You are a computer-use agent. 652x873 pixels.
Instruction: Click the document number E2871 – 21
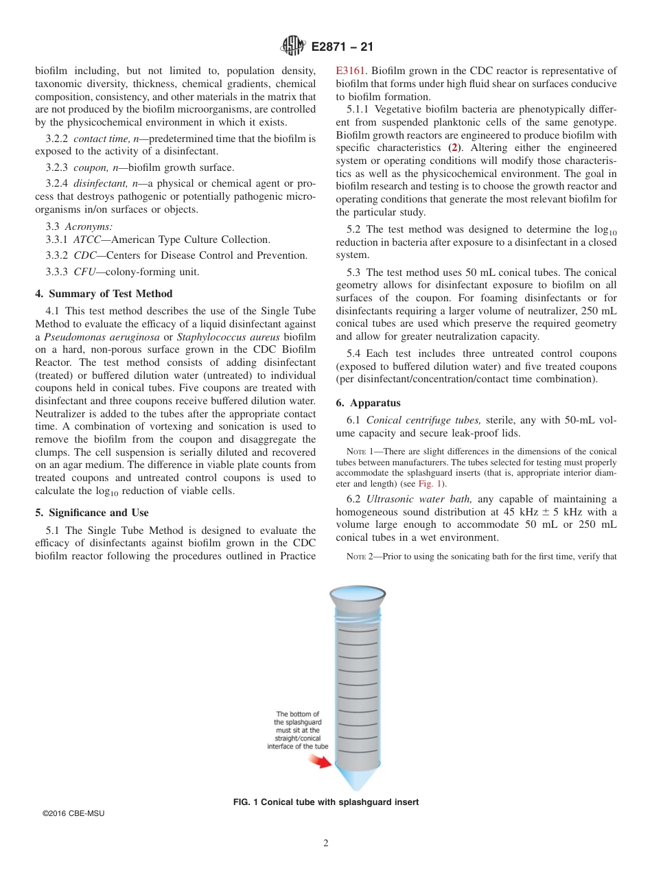342,47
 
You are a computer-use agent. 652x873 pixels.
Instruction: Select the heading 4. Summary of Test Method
104,294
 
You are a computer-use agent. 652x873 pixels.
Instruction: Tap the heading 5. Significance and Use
91,513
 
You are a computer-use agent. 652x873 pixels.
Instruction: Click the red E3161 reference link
351,71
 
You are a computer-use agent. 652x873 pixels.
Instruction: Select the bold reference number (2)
452,148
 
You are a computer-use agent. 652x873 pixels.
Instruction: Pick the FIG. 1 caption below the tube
326,802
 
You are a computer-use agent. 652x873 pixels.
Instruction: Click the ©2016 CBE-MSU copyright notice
73,813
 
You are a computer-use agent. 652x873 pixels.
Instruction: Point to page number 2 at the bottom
326,843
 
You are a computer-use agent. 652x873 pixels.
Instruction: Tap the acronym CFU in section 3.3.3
85,271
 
